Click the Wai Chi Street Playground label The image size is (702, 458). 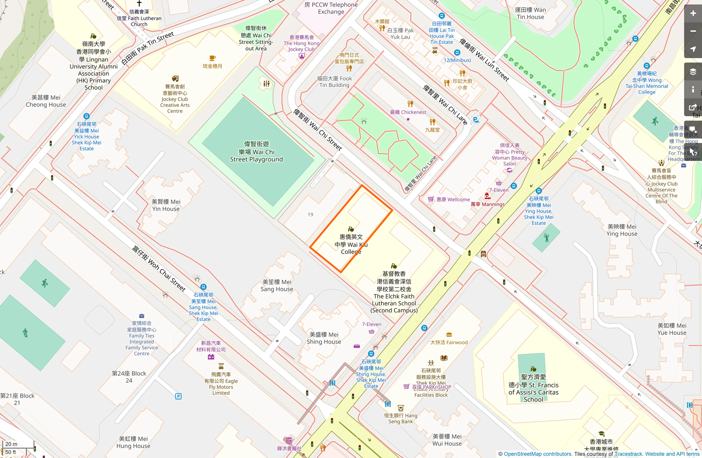coord(256,152)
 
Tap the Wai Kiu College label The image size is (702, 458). coord(351,244)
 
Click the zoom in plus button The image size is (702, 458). coord(693,13)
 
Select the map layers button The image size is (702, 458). coord(693,72)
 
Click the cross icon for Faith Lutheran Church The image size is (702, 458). coord(139,3)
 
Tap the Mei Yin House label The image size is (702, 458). coord(166,205)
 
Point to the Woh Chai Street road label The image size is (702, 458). coord(159,268)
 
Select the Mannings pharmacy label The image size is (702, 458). coord(488,204)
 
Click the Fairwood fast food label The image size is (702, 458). coord(449,342)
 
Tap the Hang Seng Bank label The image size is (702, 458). coord(401,418)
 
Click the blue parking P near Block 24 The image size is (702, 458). coord(178,396)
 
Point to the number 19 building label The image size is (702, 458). coord(310,214)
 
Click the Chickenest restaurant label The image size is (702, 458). coord(408,112)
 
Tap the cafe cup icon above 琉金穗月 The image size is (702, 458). coord(212,58)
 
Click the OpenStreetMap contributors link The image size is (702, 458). coord(537,454)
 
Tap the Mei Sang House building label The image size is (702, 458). coord(277,285)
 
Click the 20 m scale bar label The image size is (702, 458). coord(11,444)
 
